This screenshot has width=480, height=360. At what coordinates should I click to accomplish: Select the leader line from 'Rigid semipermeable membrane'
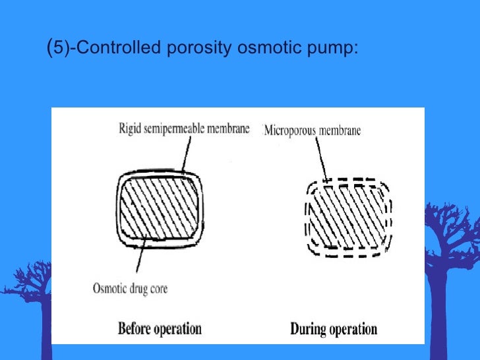coord(181,154)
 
